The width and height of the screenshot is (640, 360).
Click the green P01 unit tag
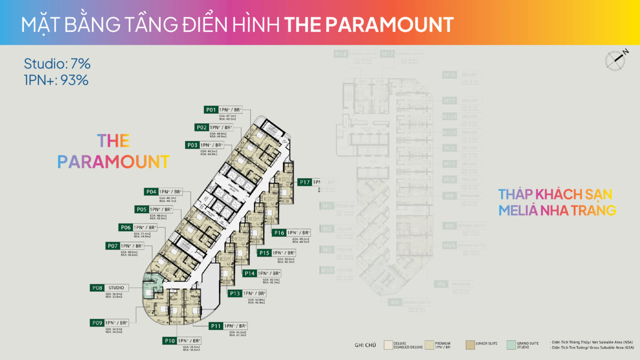point(210,110)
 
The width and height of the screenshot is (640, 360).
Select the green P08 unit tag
point(97,288)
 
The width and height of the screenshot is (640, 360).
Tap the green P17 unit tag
point(305,182)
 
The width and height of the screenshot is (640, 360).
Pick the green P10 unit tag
point(169,341)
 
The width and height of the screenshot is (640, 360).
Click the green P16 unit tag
point(279,233)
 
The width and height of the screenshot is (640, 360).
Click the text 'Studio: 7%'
point(57,64)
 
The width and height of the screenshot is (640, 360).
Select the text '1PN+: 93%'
point(56,80)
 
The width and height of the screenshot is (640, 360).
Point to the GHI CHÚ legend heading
point(365,345)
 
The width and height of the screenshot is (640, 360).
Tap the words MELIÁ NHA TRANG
point(557,210)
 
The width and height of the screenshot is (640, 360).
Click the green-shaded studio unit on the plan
point(151,288)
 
